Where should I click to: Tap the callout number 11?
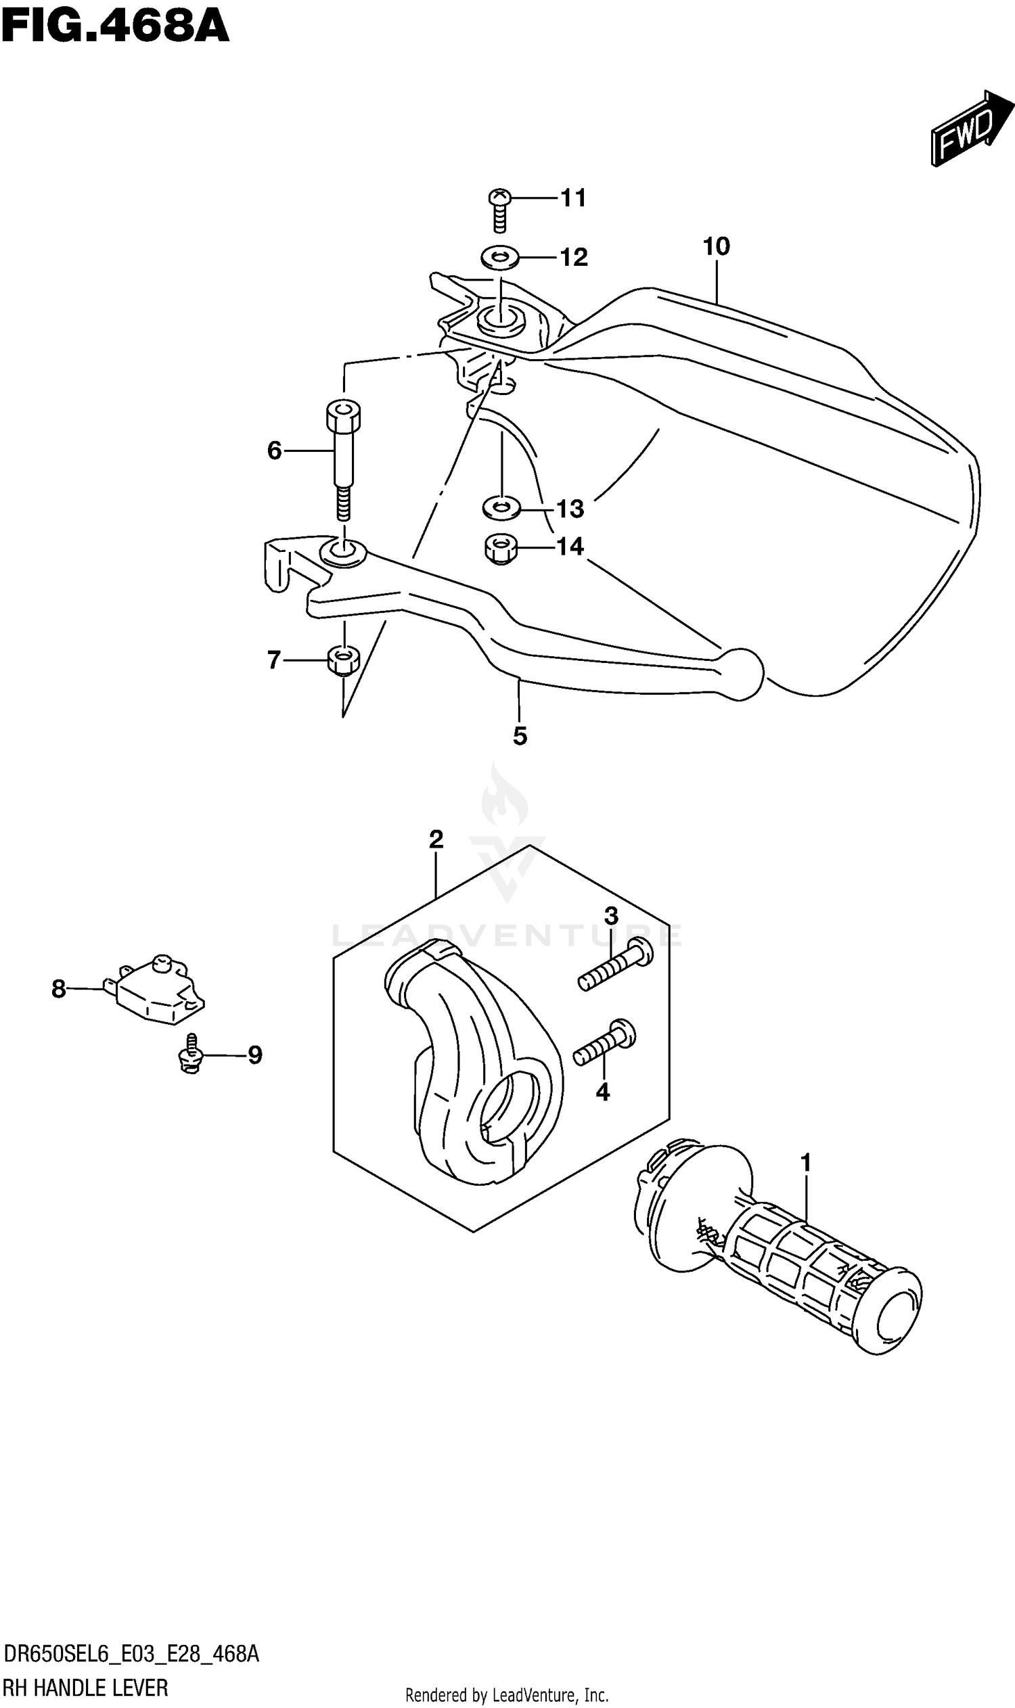[x=573, y=198]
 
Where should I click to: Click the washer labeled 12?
[x=499, y=258]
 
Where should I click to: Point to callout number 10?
[x=716, y=246]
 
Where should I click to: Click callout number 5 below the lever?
[x=520, y=737]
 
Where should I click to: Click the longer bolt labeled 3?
[x=615, y=965]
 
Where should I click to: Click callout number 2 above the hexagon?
[x=436, y=839]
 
